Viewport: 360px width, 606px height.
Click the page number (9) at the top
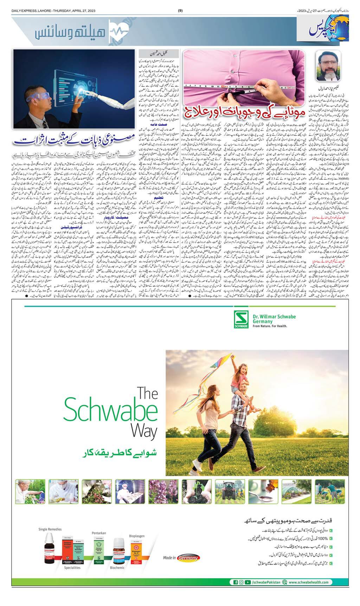(x=180, y=10)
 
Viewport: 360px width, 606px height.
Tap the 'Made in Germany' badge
(x=182, y=558)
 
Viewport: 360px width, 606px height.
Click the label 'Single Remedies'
(x=50, y=529)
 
